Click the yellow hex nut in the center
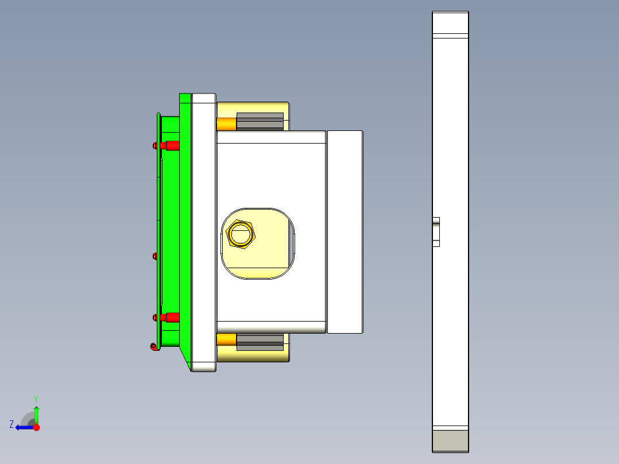coord(241,234)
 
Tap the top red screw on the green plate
coord(171,145)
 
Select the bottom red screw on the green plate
coord(171,318)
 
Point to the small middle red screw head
coord(155,256)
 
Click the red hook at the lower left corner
coord(153,346)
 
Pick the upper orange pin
coord(226,123)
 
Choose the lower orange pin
coord(226,340)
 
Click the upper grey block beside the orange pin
coord(260,121)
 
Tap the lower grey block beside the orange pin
coord(260,342)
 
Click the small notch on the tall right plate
coord(436,231)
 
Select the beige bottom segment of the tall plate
coord(450,441)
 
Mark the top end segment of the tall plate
coord(450,22)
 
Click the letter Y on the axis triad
coord(36,399)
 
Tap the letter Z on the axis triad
coord(11,424)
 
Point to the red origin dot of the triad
coord(36,427)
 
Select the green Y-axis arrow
coord(36,413)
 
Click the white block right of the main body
coord(345,231)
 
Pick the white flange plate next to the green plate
coord(203,231)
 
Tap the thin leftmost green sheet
coord(158,230)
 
